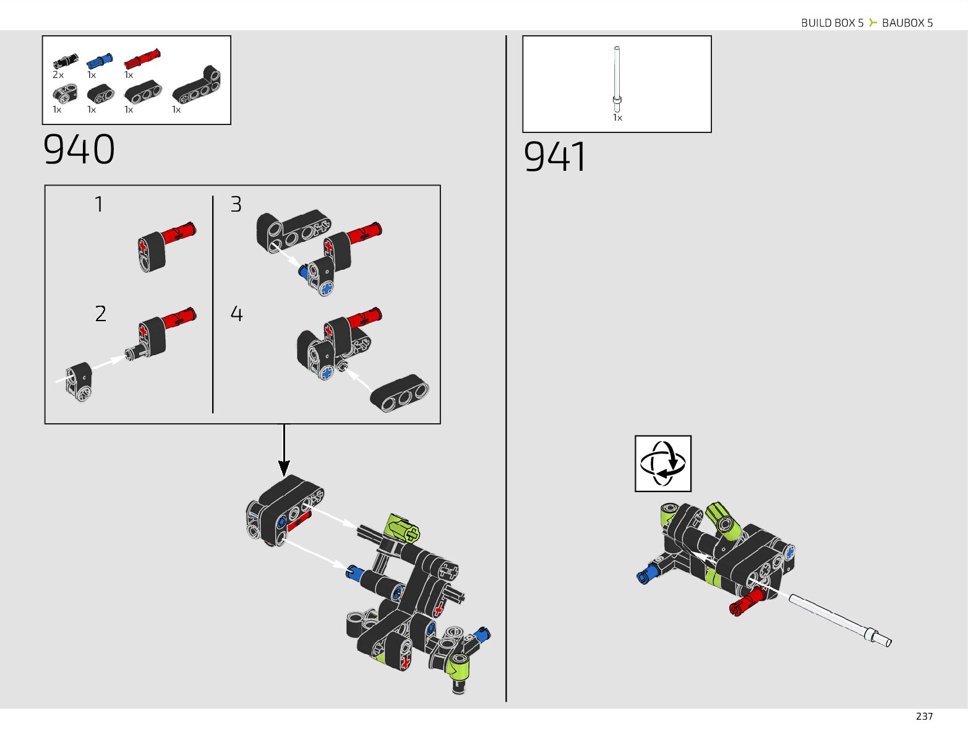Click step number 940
(79, 150)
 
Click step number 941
(554, 157)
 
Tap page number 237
(924, 716)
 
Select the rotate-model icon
(663, 463)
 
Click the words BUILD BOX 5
(832, 23)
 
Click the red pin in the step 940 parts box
(142, 59)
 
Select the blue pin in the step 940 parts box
(100, 61)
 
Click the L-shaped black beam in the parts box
(196, 85)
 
